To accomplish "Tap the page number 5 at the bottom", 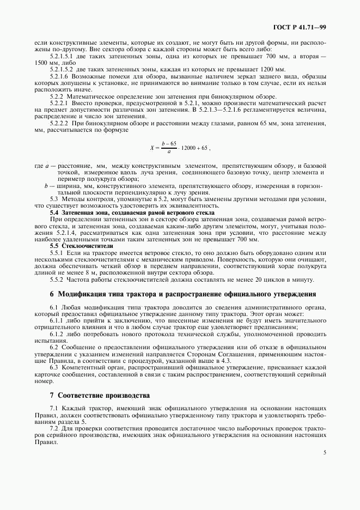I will click(325, 452).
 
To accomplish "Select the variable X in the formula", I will click(152, 148).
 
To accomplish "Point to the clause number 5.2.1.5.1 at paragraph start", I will click(62, 56).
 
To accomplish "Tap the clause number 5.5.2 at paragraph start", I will click(57, 280).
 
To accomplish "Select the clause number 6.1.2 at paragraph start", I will click(57, 333).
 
